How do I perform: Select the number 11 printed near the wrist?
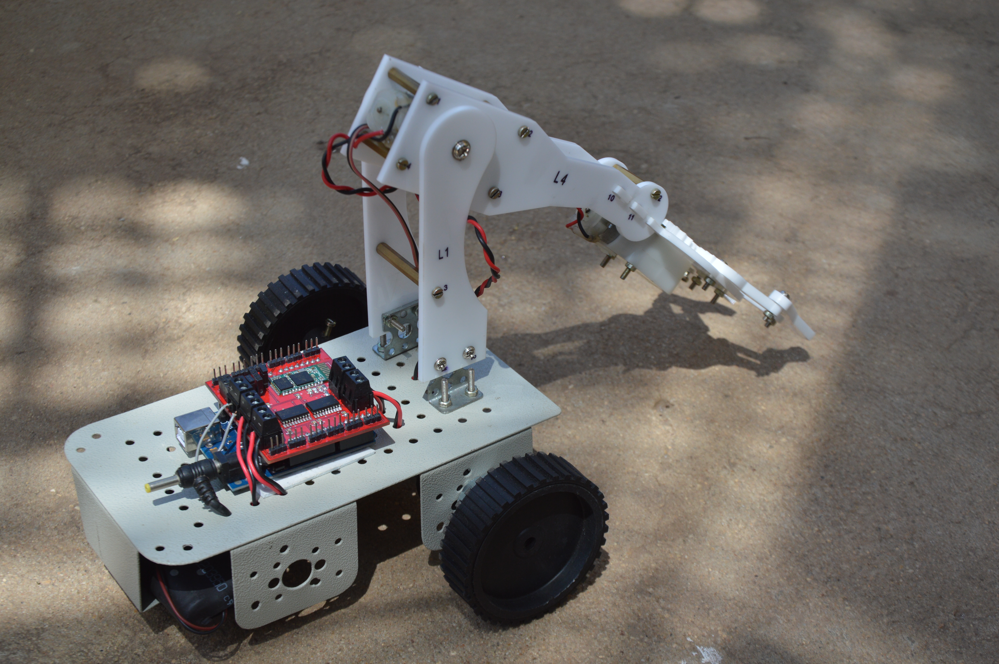click(x=631, y=217)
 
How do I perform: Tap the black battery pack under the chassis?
click(x=191, y=597)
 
